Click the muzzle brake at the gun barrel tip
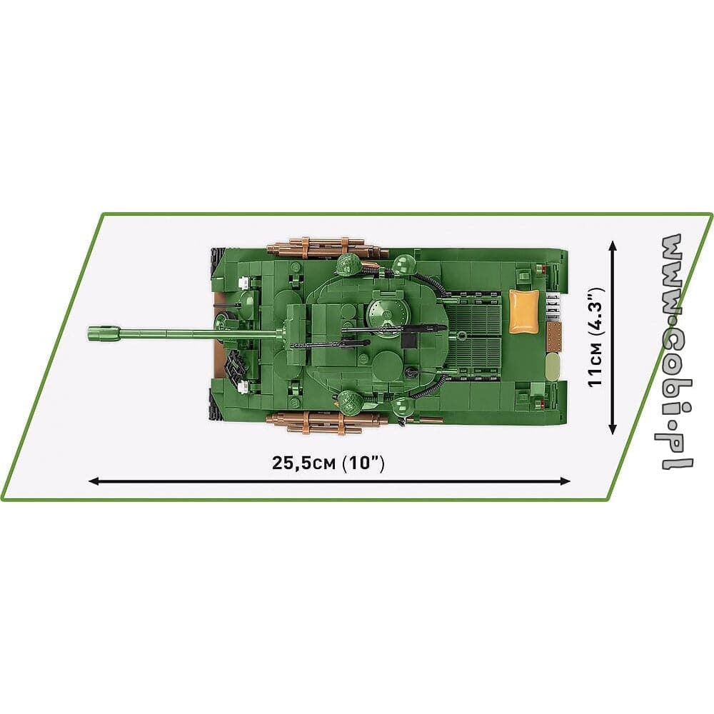(x=104, y=333)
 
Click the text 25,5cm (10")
(x=328, y=463)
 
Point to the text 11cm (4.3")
(x=596, y=338)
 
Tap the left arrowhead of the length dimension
(x=94, y=481)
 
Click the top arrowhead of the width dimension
(x=613, y=246)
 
